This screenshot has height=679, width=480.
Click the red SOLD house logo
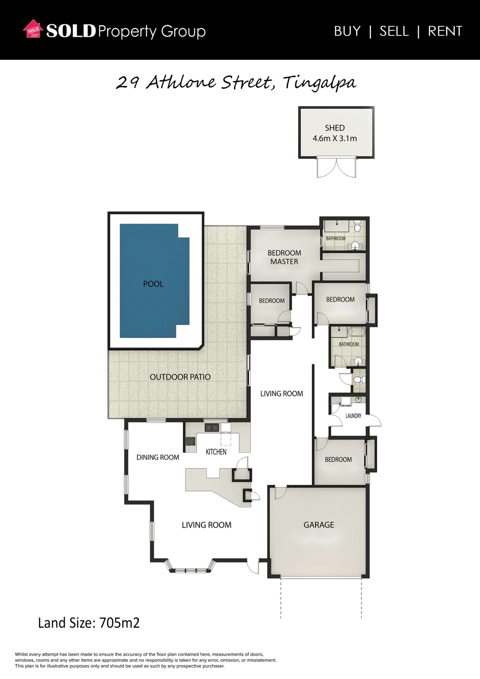33,29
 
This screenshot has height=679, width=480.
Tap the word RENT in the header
445,31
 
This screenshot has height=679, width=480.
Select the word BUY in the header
347,31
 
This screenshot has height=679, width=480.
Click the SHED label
335,128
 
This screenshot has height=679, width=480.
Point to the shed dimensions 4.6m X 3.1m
335,138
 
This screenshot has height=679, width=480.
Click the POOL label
153,284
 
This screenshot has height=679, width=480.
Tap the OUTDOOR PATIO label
180,377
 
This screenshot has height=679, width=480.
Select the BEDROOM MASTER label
284,257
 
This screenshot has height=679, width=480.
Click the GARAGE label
319,525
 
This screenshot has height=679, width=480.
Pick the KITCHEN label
216,452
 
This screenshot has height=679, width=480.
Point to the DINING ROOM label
158,457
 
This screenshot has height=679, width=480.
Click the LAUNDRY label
353,416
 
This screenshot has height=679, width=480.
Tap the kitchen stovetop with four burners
191,441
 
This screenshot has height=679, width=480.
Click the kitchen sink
212,428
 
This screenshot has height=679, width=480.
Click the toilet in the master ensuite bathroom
357,226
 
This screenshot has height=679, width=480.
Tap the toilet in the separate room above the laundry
359,379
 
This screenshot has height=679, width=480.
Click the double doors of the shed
336,168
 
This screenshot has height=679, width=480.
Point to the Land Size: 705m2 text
89,623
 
